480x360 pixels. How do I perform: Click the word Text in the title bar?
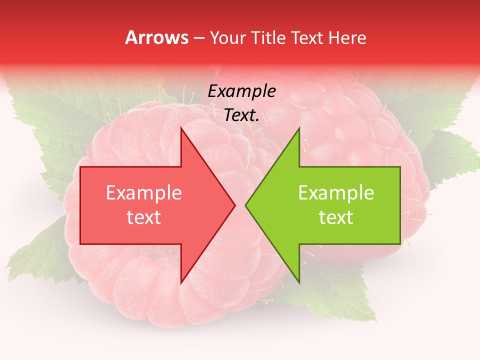click(308, 38)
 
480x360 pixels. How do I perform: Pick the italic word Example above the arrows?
click(241, 91)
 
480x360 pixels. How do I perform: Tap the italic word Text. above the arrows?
click(241, 115)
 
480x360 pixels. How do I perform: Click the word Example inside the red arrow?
click(144, 193)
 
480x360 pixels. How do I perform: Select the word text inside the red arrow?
click(144, 217)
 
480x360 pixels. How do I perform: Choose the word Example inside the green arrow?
click(336, 193)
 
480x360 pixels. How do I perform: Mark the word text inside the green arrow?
click(336, 217)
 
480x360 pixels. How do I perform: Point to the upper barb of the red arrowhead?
click(182, 131)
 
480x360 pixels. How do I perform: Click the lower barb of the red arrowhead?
click(182, 280)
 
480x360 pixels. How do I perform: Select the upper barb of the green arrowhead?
click(298, 131)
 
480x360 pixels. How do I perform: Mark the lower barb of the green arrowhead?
click(298, 280)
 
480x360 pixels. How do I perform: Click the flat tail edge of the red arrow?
click(81, 205)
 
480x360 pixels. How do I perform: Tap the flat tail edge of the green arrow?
click(399, 205)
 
